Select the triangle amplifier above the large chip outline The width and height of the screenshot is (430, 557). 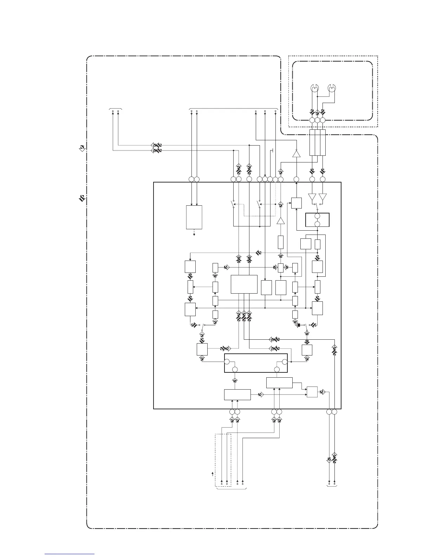(x=296, y=153)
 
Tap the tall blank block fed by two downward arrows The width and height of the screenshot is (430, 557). (x=194, y=217)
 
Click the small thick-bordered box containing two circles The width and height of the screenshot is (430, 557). (x=317, y=220)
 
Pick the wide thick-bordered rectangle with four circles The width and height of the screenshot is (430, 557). (x=256, y=363)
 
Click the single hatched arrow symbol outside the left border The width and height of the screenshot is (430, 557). (x=82, y=148)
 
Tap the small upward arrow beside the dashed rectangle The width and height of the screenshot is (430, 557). (x=212, y=474)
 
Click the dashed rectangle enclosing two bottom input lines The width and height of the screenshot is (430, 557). (x=223, y=460)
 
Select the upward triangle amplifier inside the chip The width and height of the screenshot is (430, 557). (x=280, y=221)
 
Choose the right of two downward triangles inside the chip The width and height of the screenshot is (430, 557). (x=323, y=197)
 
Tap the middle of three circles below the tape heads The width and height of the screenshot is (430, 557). (x=317, y=120)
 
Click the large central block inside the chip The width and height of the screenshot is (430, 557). (x=244, y=284)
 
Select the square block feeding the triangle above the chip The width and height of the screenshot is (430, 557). (x=296, y=203)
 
